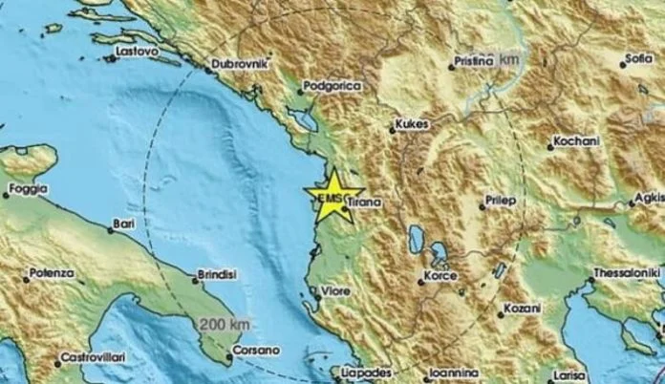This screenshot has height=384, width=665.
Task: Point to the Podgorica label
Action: [x=332, y=86]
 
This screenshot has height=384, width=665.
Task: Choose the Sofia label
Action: [x=638, y=58]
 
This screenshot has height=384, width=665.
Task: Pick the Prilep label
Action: [x=500, y=202]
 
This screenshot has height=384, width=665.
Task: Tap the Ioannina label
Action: [x=454, y=371]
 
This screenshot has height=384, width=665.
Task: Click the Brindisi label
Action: [x=216, y=275]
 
